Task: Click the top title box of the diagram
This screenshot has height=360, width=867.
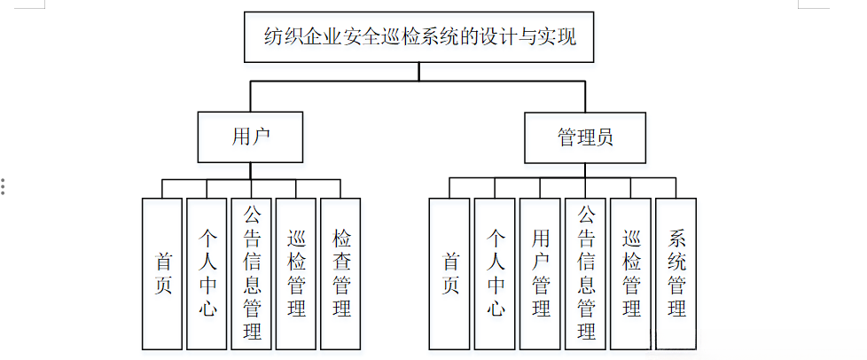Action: click(x=419, y=37)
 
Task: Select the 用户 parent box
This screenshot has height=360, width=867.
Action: click(x=250, y=137)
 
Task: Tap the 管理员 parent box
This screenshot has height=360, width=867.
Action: click(x=584, y=137)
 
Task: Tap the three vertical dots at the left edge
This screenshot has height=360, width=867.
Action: click(x=4, y=186)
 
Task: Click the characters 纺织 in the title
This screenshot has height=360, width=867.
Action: click(x=284, y=37)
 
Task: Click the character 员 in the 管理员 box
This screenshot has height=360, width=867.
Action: click(x=604, y=137)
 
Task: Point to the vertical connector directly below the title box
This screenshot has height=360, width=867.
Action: click(x=419, y=72)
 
